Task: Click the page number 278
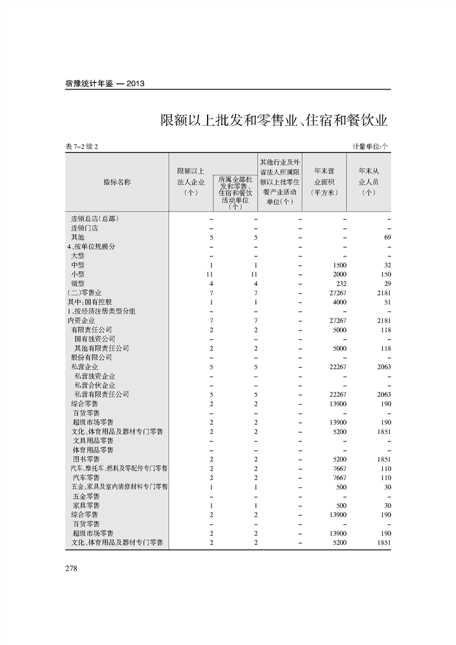point(71,569)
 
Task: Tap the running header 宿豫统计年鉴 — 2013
point(105,83)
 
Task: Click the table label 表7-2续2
point(83,147)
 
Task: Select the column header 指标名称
point(117,182)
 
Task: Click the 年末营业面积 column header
point(325,182)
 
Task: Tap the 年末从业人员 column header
point(369,182)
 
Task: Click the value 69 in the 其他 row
point(387,237)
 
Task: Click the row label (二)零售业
point(85,293)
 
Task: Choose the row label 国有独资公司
point(95,339)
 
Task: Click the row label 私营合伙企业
point(95,385)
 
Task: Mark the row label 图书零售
point(86,459)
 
